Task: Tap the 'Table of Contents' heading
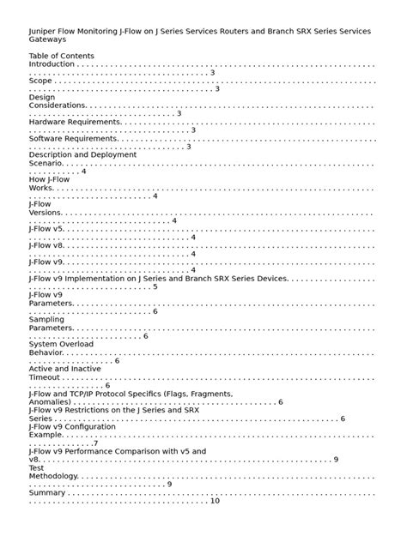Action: (x=61, y=56)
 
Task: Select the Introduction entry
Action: (x=52, y=64)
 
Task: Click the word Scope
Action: (x=40, y=81)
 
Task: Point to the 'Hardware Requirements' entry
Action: (x=75, y=122)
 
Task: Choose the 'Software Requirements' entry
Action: (x=73, y=138)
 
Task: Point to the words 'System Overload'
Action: (x=61, y=344)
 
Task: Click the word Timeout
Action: (x=45, y=377)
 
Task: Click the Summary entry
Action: (x=47, y=493)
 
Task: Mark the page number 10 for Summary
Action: (x=215, y=501)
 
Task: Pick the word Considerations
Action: (x=58, y=105)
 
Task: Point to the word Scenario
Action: (x=46, y=163)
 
